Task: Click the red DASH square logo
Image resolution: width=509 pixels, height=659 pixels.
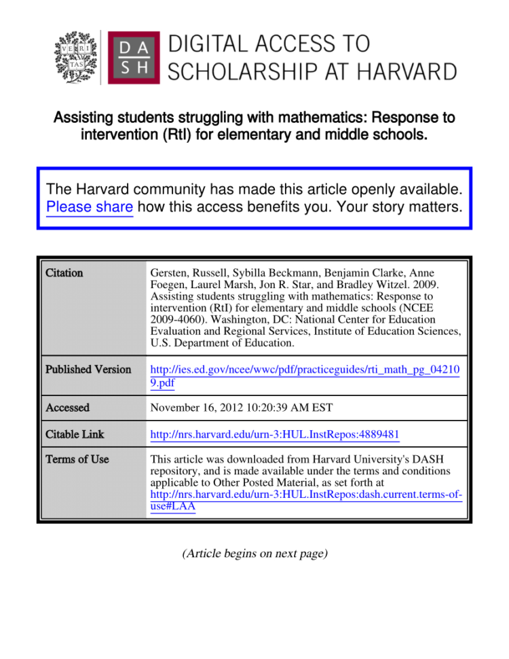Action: [x=133, y=58]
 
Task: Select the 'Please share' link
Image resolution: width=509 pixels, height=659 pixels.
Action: [x=89, y=207]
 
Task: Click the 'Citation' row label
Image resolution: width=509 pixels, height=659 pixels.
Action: [x=64, y=272]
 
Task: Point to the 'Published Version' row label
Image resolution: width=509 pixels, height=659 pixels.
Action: [x=88, y=370]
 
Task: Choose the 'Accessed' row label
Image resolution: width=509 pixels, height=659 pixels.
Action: [x=67, y=408]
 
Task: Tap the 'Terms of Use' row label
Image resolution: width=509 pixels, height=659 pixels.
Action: [x=77, y=459]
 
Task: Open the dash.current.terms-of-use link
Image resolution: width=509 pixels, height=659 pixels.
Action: [x=305, y=502]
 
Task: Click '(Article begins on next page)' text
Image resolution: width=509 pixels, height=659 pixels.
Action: [x=254, y=554]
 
